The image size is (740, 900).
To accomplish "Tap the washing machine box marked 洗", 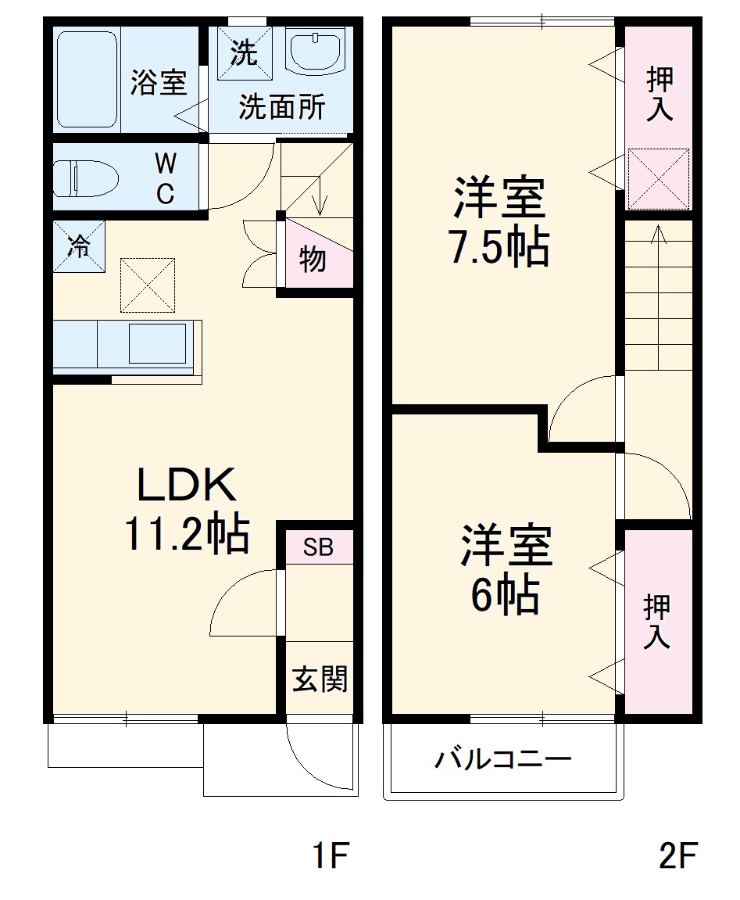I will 243,53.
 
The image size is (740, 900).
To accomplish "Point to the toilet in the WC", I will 85,177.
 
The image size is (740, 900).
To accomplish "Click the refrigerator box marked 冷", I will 79,246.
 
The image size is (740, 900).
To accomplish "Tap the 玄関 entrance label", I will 319,679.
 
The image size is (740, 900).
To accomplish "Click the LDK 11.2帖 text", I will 186,511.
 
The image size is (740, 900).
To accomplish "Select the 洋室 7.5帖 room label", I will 498,222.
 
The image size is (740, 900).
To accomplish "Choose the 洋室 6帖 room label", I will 506,571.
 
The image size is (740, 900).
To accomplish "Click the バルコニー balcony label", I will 504,759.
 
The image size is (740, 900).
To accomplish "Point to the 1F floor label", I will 328,856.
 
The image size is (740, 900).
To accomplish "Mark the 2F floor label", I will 677,856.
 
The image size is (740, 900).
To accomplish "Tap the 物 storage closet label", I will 313,258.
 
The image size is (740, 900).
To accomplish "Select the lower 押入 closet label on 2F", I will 657,622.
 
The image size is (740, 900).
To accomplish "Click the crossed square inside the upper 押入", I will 659,178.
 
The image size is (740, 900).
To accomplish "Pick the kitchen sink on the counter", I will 158,343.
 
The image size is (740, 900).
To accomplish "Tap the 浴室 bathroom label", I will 159,83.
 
